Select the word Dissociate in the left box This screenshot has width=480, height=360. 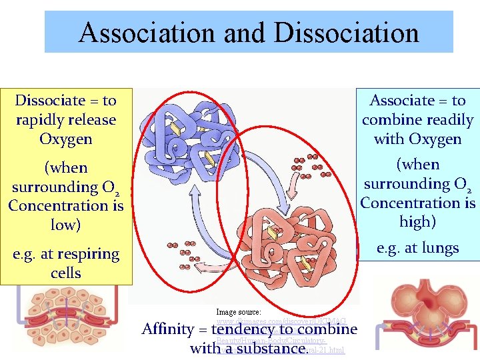(50, 101)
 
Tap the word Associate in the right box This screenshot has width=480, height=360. (401, 101)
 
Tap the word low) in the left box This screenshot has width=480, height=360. (65, 225)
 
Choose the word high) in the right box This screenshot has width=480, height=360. (417, 221)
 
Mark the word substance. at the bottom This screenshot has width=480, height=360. (274, 348)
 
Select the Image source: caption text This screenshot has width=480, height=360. (239, 311)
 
